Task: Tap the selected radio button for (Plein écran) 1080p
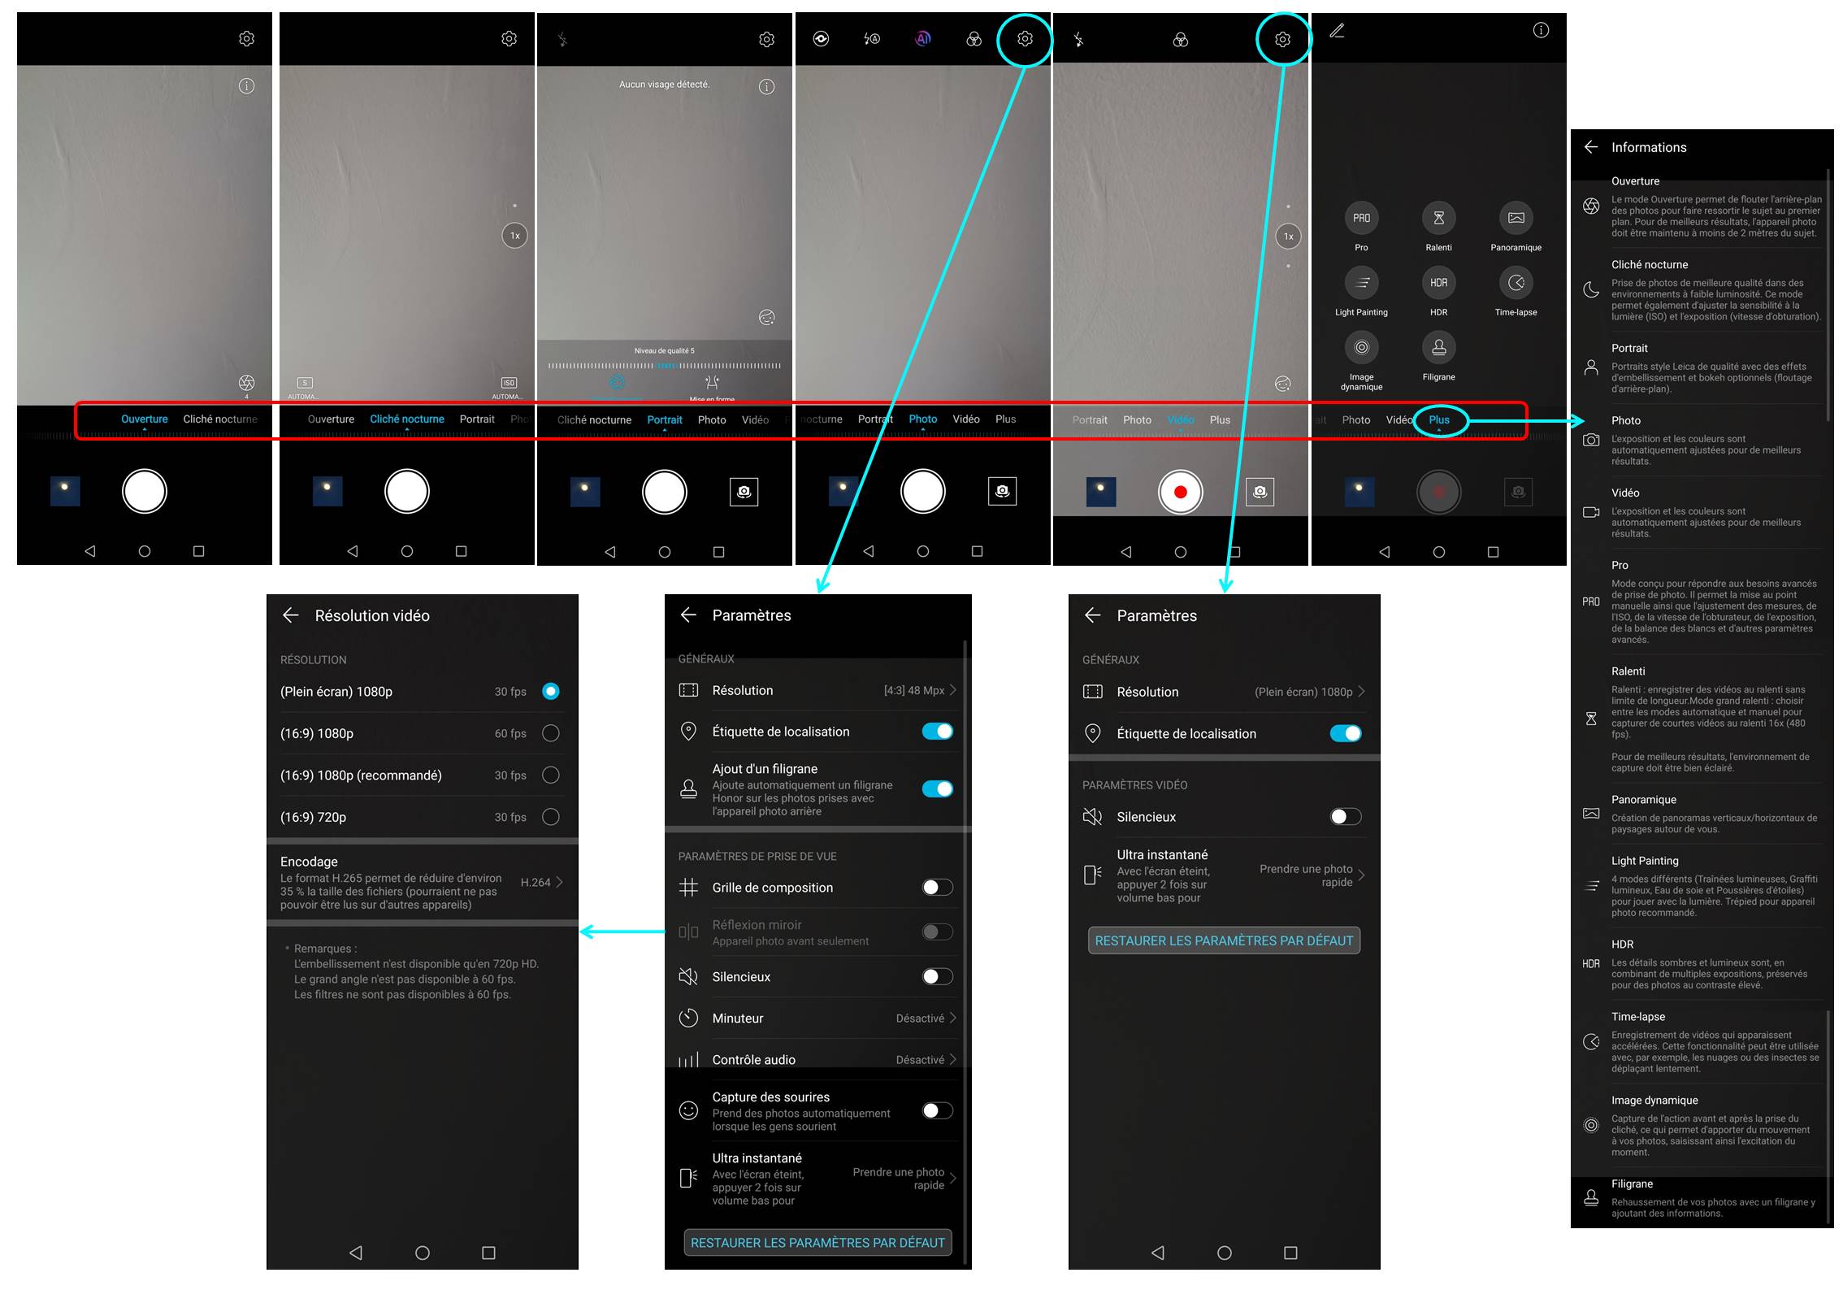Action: [x=550, y=692]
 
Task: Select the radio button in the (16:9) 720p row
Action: [x=550, y=817]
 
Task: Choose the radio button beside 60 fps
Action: [x=550, y=733]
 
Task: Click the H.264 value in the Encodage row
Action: [x=536, y=883]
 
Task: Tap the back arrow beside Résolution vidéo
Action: [x=291, y=615]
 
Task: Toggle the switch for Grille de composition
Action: [x=937, y=888]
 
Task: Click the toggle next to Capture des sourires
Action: [x=937, y=1110]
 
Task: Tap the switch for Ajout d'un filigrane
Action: [x=937, y=788]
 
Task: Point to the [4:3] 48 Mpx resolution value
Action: [x=914, y=690]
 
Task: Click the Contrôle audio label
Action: [x=753, y=1060]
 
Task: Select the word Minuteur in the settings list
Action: [x=737, y=1019]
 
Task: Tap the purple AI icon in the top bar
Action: [x=923, y=38]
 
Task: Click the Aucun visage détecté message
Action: [x=664, y=85]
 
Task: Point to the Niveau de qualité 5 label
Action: [x=664, y=351]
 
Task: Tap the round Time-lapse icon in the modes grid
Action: [x=1516, y=283]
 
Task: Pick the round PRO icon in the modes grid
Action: [x=1361, y=218]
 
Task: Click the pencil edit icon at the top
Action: [x=1337, y=31]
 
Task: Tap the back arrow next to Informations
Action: [x=1591, y=147]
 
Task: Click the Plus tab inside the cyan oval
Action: [x=1439, y=420]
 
